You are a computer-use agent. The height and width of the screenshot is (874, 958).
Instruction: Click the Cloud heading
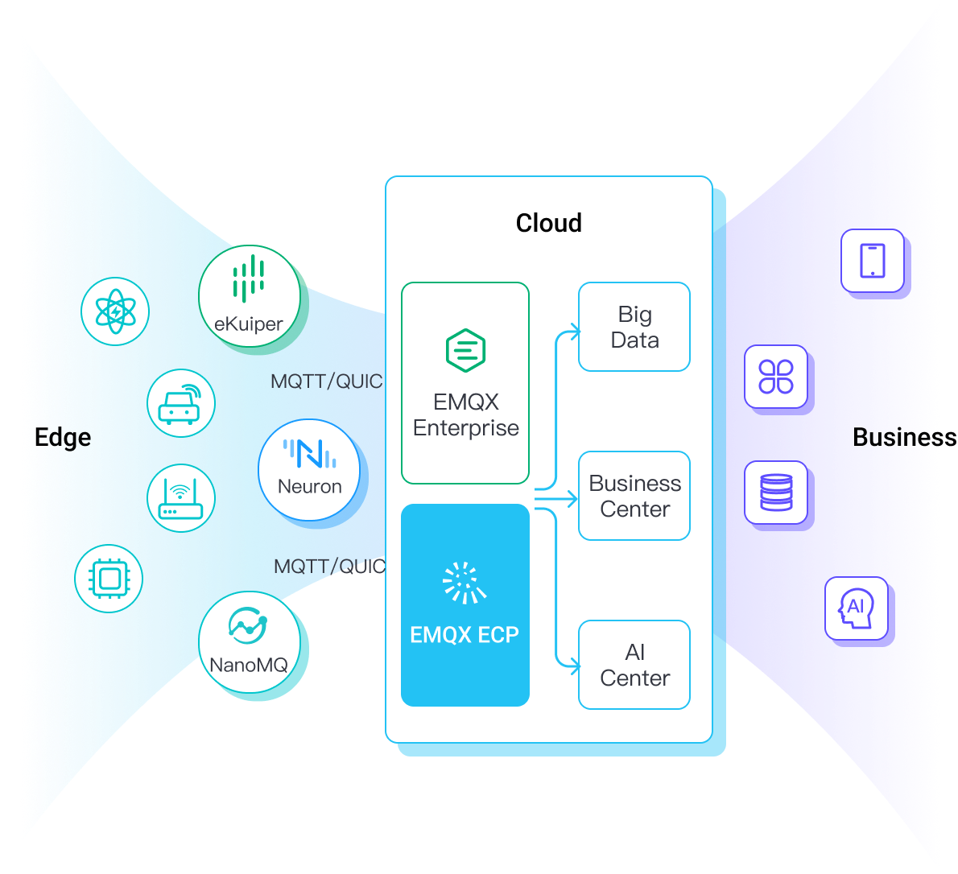(x=548, y=223)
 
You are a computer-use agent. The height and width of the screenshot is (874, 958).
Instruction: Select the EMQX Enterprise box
(x=465, y=383)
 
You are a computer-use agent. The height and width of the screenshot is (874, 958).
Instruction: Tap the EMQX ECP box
(x=465, y=605)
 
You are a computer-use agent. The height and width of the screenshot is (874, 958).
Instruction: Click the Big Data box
(x=634, y=327)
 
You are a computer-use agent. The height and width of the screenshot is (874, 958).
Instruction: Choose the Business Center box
(x=634, y=496)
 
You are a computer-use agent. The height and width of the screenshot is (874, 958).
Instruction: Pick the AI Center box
(x=634, y=665)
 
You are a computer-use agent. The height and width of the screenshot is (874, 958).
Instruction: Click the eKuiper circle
(x=249, y=299)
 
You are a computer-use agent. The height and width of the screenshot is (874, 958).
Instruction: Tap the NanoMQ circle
(x=249, y=643)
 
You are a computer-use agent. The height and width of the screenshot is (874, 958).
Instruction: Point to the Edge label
(x=63, y=437)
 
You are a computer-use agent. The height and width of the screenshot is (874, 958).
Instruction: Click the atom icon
(x=115, y=311)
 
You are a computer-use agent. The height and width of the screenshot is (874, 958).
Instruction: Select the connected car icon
(x=181, y=403)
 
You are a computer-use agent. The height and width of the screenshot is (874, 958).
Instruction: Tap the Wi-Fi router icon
(x=181, y=498)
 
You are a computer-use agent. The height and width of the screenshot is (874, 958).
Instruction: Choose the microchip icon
(x=109, y=579)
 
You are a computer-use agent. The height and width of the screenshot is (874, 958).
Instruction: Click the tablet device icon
(x=873, y=261)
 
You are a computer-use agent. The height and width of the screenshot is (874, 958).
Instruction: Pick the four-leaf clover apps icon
(x=776, y=377)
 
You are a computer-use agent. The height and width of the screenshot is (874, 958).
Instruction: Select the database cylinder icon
(x=776, y=493)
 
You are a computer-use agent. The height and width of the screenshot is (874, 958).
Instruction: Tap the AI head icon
(x=857, y=608)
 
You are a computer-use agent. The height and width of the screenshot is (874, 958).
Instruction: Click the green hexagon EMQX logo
(x=465, y=350)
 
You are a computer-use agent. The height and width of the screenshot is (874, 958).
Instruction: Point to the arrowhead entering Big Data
(x=575, y=330)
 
